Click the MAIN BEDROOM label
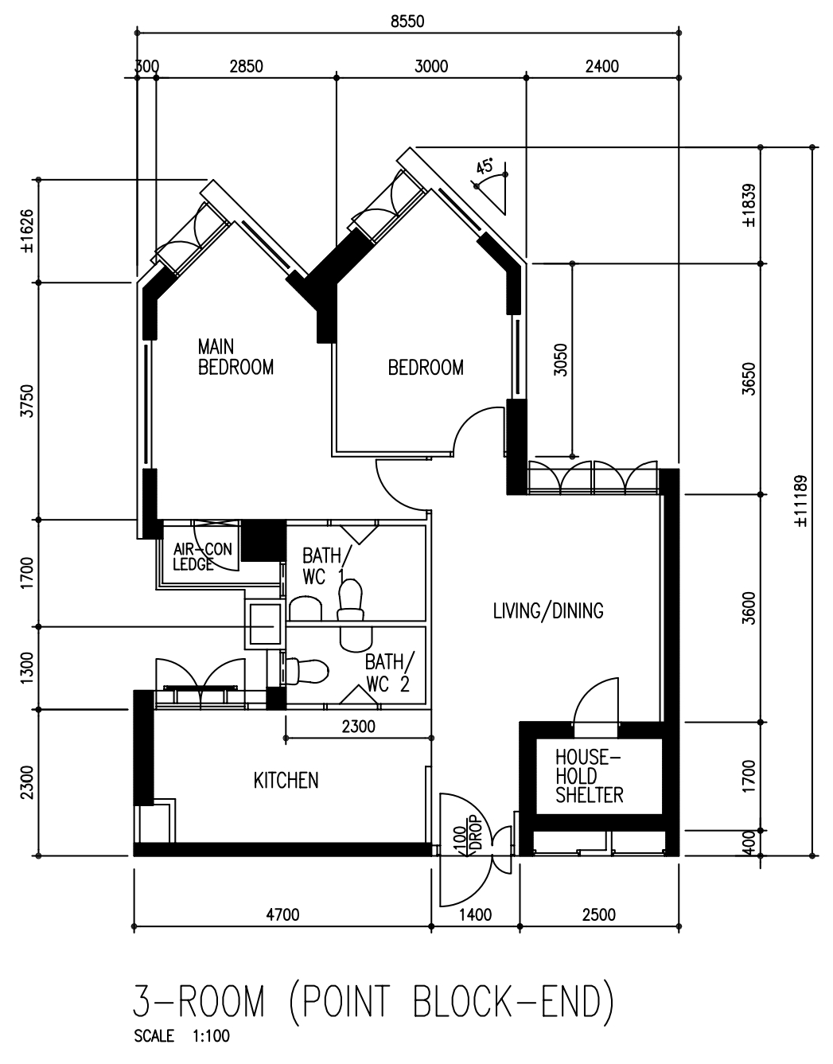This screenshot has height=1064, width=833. [x=235, y=357]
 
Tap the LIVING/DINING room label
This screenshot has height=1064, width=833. [x=548, y=610]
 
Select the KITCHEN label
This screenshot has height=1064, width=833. [x=286, y=781]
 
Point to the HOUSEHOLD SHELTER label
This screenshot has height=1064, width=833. [x=589, y=775]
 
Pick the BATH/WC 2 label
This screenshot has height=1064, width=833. [x=388, y=672]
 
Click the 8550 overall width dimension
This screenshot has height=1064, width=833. [x=407, y=21]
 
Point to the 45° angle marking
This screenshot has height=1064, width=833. [x=485, y=166]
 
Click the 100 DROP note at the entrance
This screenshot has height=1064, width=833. [x=467, y=835]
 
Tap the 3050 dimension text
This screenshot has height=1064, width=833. [x=560, y=360]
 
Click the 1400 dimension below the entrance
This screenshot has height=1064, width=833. [x=475, y=915]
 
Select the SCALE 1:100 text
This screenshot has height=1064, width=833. [x=182, y=1037]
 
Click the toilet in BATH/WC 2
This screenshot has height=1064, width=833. [x=306, y=670]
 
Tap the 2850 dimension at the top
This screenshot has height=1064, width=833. [x=246, y=67]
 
